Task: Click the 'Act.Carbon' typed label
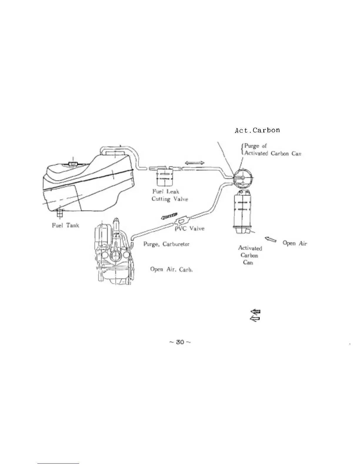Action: tap(257, 130)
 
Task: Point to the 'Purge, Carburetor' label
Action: tap(166, 244)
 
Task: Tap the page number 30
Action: tap(179, 342)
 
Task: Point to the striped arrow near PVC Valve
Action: tap(169, 216)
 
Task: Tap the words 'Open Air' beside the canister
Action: tap(295, 243)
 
